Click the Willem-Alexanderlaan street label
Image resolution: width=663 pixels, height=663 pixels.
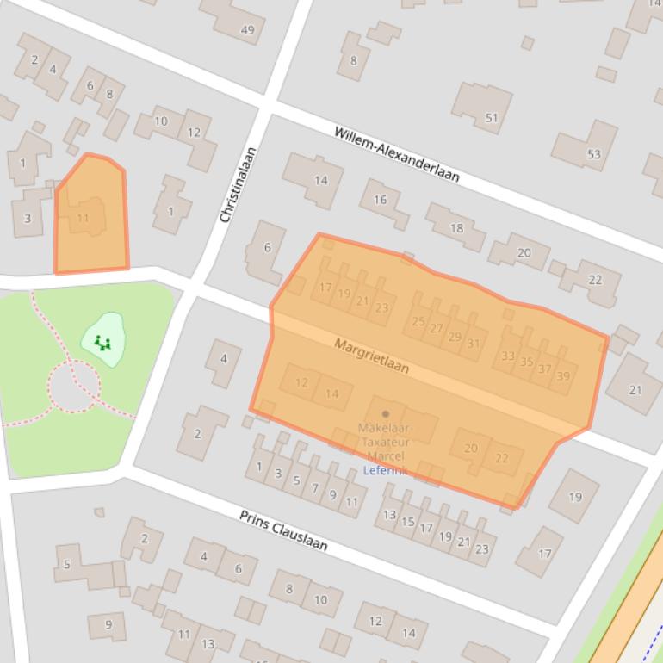pyautogui.click(x=396, y=154)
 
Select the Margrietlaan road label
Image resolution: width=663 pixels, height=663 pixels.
pyautogui.click(x=371, y=356)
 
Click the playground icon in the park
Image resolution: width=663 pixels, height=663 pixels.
pyautogui.click(x=102, y=343)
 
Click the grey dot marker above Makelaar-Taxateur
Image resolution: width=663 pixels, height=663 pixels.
pyautogui.click(x=385, y=414)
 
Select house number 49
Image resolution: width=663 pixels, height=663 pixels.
pyautogui.click(x=248, y=30)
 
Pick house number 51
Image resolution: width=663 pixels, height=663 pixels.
pyautogui.click(x=492, y=118)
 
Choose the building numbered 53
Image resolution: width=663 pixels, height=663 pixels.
pyautogui.click(x=593, y=154)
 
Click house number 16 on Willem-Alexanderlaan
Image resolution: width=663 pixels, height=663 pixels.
pyautogui.click(x=380, y=200)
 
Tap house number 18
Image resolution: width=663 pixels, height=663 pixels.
pyautogui.click(x=456, y=228)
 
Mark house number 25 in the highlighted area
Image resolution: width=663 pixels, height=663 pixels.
pyautogui.click(x=418, y=322)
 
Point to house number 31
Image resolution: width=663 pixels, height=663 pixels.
pyautogui.click(x=473, y=343)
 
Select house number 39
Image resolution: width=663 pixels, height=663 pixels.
pyautogui.click(x=563, y=376)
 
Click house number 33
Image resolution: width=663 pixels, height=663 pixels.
pyautogui.click(x=507, y=356)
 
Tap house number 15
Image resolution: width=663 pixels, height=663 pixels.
pyautogui.click(x=408, y=522)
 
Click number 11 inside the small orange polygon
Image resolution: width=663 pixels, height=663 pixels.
pyautogui.click(x=83, y=218)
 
